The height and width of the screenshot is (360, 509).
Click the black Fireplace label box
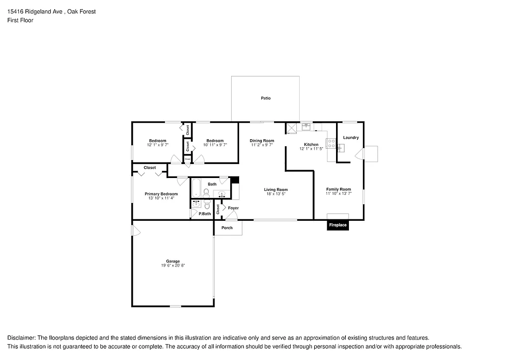(x=338, y=225)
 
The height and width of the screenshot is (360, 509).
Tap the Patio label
(x=266, y=98)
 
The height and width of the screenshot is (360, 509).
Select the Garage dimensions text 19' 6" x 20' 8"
(x=173, y=266)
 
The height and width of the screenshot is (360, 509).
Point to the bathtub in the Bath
(x=196, y=188)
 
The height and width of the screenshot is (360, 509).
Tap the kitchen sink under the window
(x=306, y=126)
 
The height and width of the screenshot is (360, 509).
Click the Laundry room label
(x=351, y=138)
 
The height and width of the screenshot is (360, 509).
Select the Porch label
(x=227, y=228)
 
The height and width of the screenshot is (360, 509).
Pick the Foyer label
(x=233, y=208)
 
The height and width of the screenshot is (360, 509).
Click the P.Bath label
(x=205, y=214)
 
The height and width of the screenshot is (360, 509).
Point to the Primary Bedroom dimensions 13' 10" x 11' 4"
(x=161, y=198)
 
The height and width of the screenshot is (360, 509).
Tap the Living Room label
(x=275, y=189)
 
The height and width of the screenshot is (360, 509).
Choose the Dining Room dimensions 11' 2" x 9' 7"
(x=262, y=145)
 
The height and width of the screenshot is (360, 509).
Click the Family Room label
(x=339, y=189)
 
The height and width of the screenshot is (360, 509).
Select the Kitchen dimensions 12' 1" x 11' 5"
(x=311, y=149)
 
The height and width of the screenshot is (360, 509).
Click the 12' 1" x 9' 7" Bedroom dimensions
(x=158, y=145)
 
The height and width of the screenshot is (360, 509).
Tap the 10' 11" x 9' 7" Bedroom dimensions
(x=215, y=145)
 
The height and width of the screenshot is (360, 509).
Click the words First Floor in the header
(x=20, y=20)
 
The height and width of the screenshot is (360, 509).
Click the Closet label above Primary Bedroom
(x=150, y=168)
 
